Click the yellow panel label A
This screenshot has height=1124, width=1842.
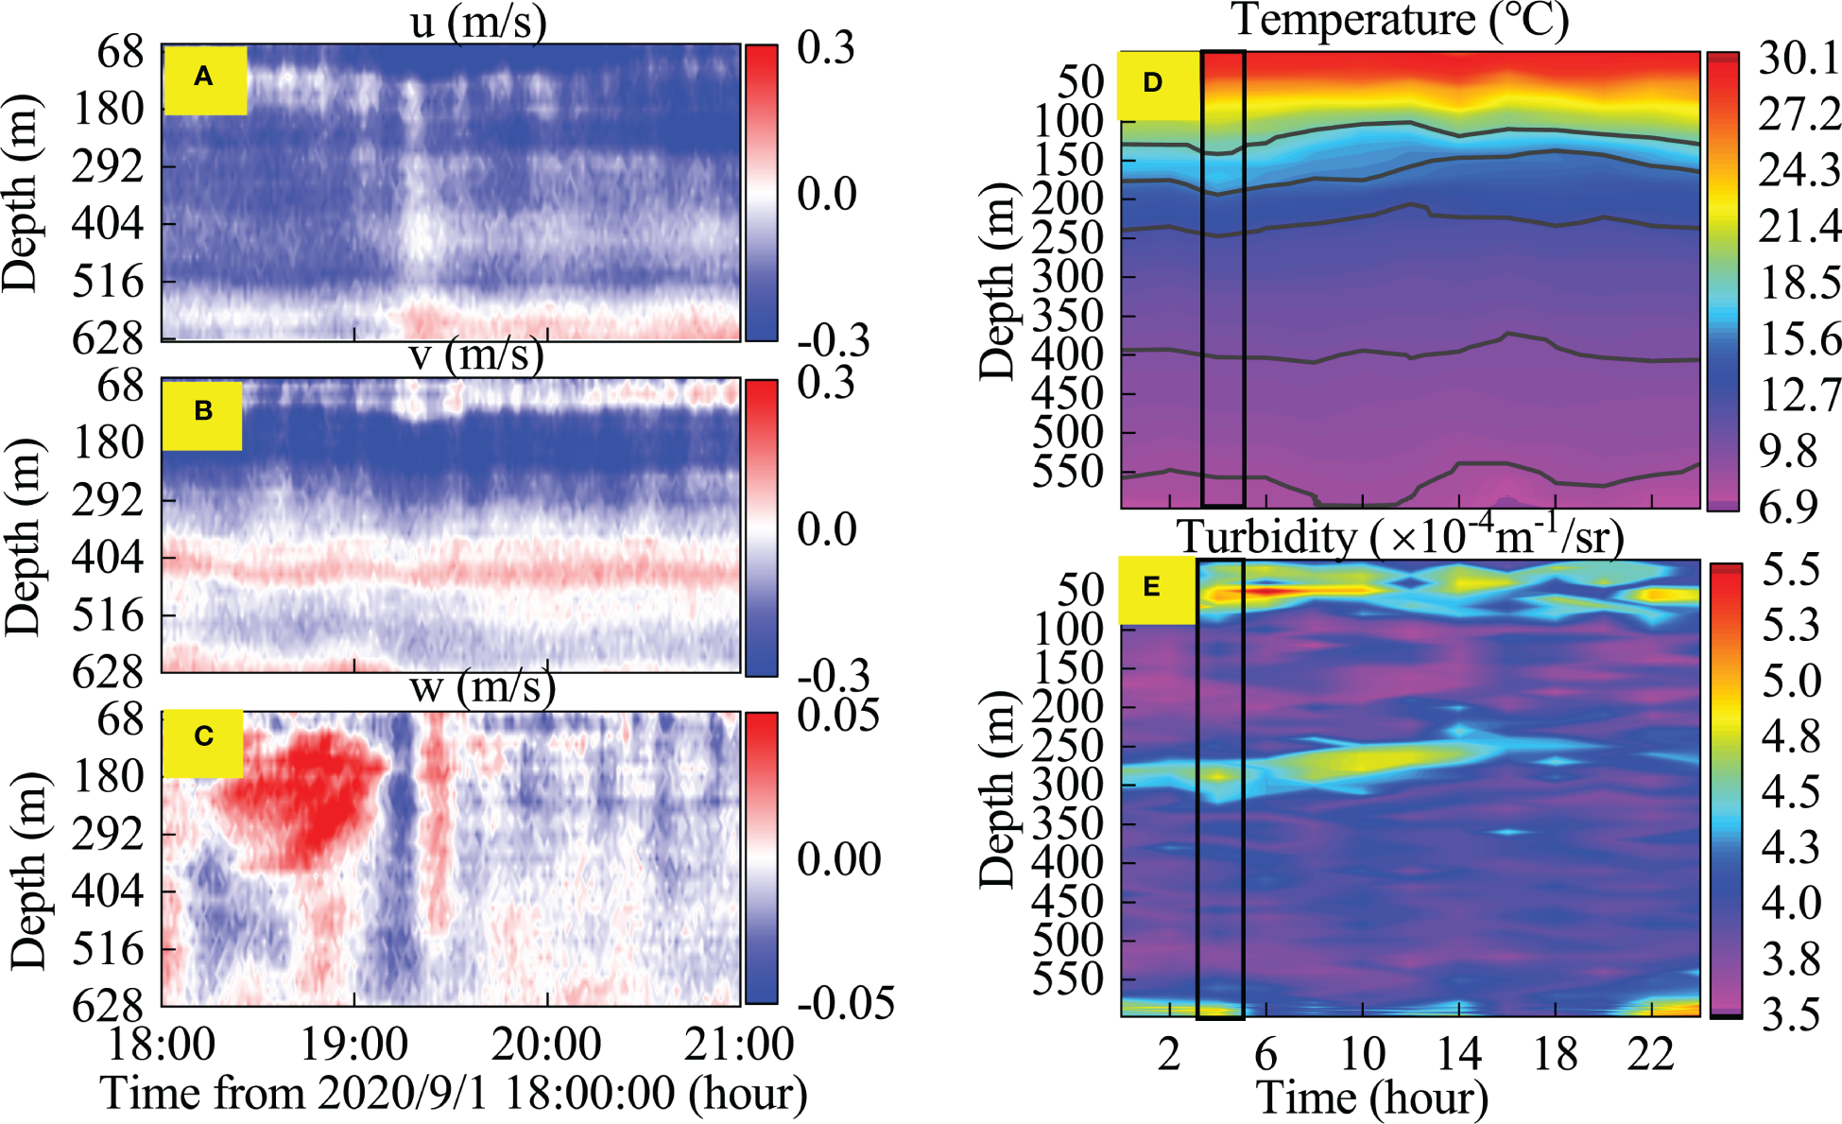click(204, 78)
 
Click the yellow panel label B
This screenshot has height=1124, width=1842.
click(202, 413)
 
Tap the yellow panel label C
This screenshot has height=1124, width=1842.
click(203, 738)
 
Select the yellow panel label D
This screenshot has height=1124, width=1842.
click(1153, 84)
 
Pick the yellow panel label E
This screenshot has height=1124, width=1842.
click(1152, 589)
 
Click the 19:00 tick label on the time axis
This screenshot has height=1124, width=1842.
click(353, 1045)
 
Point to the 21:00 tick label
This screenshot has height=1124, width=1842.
click(739, 1045)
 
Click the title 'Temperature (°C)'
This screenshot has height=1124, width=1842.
click(1400, 21)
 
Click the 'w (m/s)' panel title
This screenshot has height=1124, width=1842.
click(481, 687)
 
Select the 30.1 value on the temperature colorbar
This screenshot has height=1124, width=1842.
click(1799, 59)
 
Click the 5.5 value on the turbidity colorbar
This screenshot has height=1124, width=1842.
click(1791, 570)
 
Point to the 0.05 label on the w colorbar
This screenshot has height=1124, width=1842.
click(837, 716)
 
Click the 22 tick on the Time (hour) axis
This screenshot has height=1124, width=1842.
click(1650, 1053)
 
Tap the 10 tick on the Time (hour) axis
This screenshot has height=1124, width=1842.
click(1362, 1053)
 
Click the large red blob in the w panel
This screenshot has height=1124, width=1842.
click(302, 794)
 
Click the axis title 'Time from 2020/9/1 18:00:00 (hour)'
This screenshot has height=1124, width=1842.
click(454, 1094)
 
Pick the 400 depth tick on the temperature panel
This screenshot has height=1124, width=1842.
click(1067, 355)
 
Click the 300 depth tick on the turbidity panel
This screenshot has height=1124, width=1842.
click(1067, 786)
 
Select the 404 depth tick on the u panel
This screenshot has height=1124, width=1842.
click(108, 225)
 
